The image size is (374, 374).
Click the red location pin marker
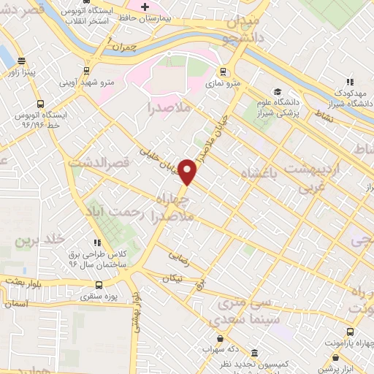point(188,171)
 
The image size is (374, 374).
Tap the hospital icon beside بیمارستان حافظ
point(145,7)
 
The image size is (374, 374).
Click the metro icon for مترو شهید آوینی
point(86,71)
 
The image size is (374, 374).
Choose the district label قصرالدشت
point(99,164)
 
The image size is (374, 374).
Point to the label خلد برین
point(41,239)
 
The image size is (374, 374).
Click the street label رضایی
point(178,256)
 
